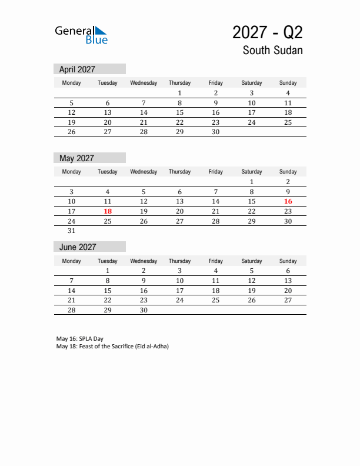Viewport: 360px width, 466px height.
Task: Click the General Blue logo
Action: pos(81,35)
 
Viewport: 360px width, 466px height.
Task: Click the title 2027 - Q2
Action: pos(267,32)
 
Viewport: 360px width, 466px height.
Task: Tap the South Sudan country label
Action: pos(272,51)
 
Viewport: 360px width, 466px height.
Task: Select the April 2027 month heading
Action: pos(77,69)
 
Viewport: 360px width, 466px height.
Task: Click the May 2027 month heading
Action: pos(76,158)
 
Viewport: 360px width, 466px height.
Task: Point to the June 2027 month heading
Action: pos(77,247)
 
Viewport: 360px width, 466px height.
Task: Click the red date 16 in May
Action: pos(288,201)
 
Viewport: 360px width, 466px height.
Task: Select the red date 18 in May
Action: pos(108,211)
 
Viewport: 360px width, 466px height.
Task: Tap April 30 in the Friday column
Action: pos(215,132)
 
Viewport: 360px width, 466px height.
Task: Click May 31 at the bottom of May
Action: pos(72,231)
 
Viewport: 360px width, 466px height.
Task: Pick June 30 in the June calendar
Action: pos(144,311)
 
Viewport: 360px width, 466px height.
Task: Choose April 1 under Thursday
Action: pos(179,93)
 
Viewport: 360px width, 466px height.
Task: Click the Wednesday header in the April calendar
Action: pos(144,83)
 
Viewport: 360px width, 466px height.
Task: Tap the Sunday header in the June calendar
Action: pos(288,261)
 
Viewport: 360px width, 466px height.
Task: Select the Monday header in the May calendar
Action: pos(72,172)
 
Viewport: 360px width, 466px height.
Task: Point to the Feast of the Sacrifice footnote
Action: pos(112,347)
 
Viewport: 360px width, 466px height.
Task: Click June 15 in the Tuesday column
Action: pos(108,291)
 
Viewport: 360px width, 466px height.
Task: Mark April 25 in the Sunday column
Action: pos(288,122)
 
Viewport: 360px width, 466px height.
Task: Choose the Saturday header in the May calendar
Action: pos(252,172)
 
